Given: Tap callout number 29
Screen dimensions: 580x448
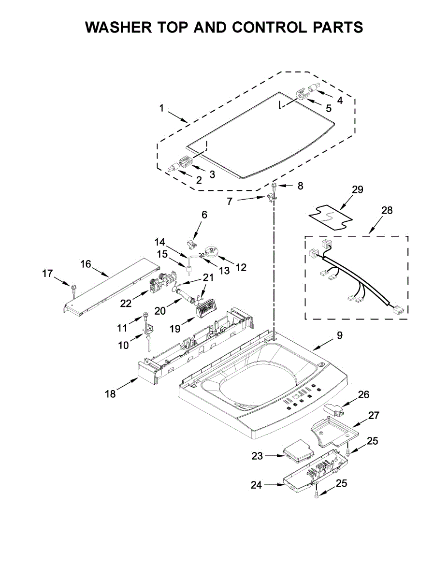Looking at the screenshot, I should click(357, 189).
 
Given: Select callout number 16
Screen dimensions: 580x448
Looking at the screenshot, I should click(86, 264).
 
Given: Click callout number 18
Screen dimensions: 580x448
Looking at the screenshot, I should click(110, 394).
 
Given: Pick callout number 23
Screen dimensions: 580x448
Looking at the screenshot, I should click(257, 455).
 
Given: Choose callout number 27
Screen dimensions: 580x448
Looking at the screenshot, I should click(374, 415).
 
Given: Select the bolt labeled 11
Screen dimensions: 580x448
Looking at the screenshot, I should click(145, 319).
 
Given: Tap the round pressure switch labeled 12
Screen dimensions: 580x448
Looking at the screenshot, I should click(211, 250).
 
